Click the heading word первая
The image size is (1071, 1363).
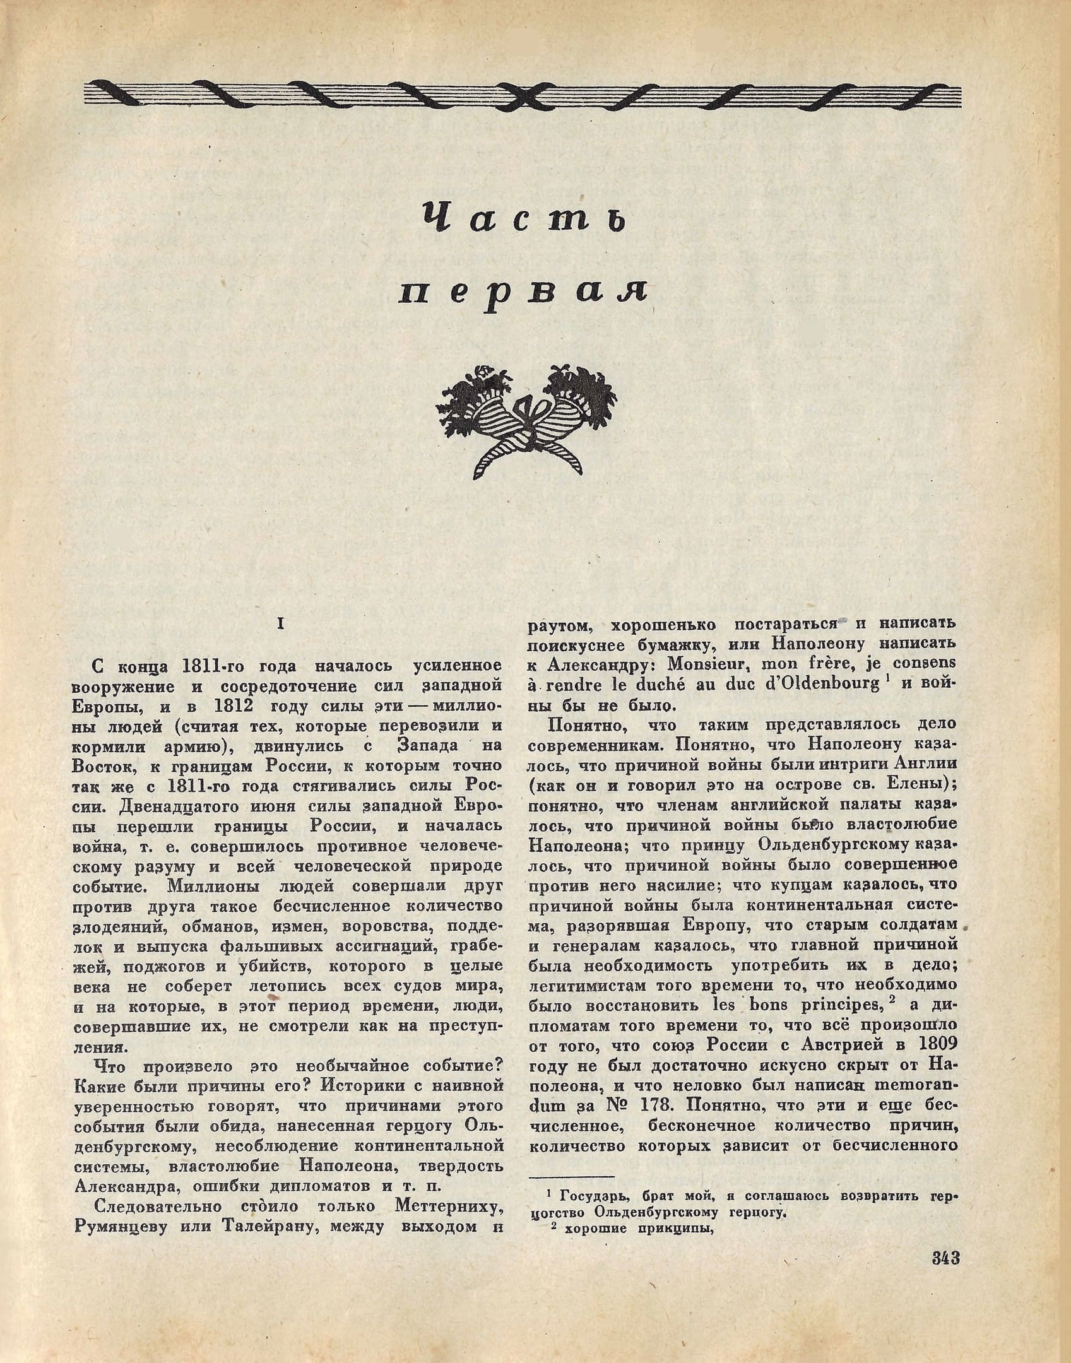coord(523,292)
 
